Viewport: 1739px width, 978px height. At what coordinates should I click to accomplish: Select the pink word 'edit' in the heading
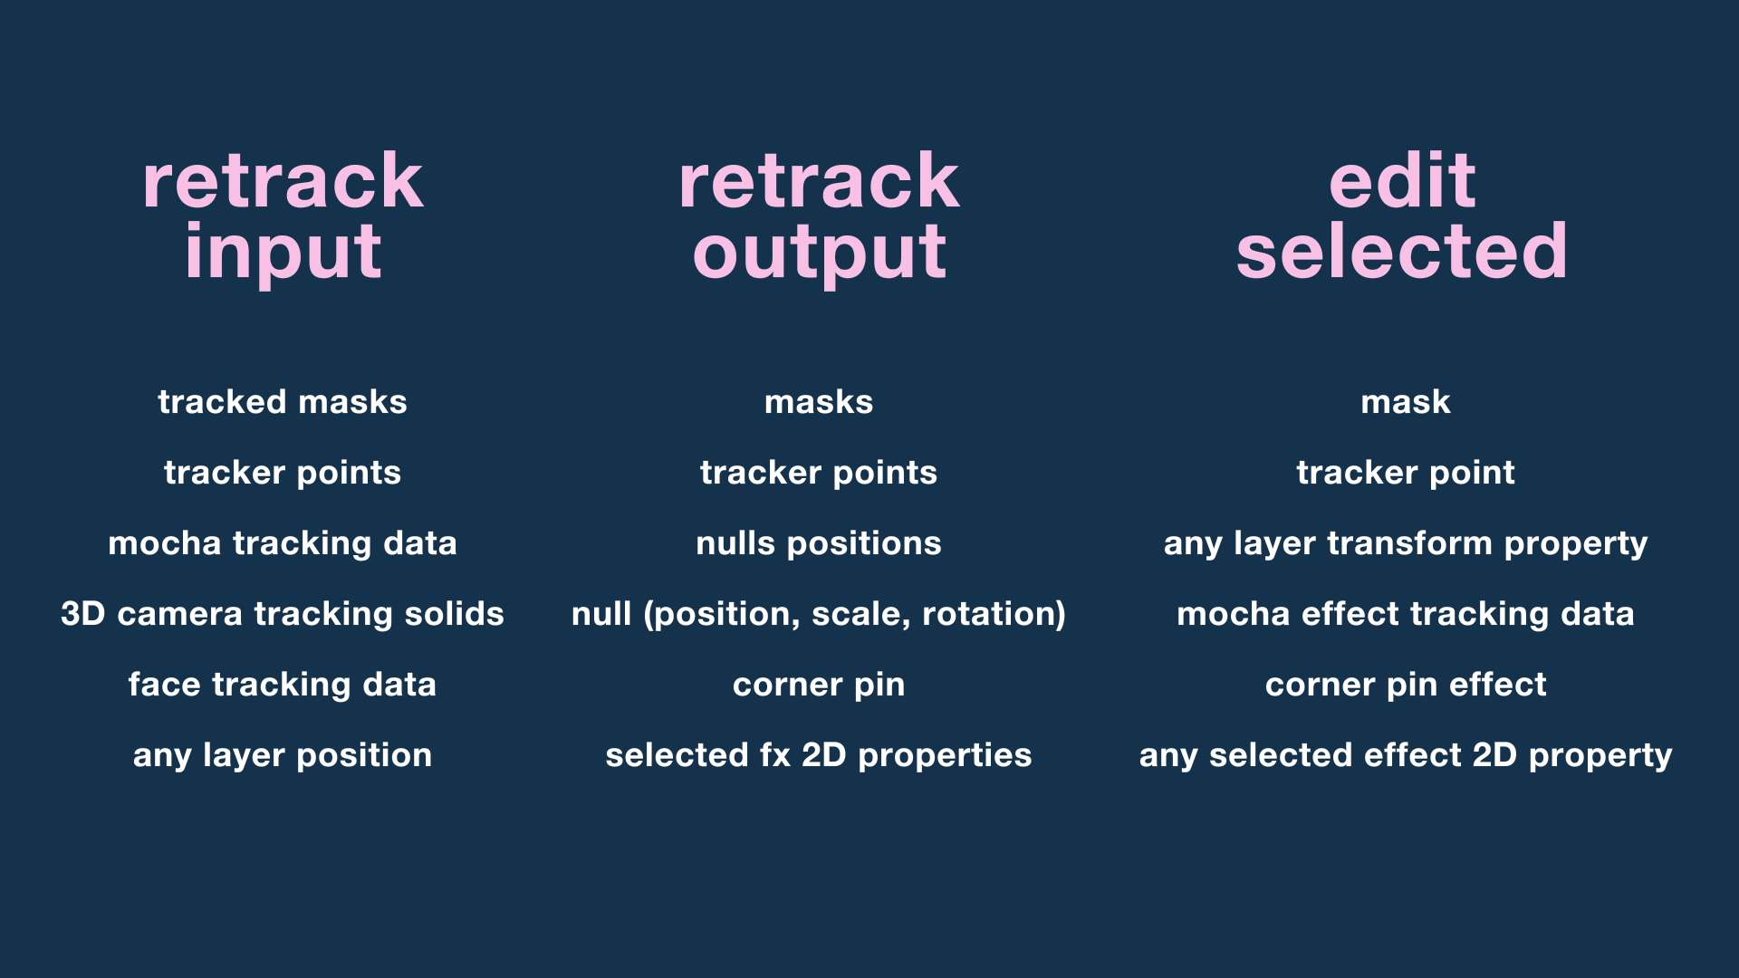1402,181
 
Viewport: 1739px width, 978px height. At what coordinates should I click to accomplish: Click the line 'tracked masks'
283,402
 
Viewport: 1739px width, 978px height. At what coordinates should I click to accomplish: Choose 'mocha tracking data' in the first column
283,543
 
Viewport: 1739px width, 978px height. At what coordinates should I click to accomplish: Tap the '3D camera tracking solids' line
283,614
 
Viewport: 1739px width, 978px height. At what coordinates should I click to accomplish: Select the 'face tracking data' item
283,685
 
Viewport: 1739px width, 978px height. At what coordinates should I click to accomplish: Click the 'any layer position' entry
283,755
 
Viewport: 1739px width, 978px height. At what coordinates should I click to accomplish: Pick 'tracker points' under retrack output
819,473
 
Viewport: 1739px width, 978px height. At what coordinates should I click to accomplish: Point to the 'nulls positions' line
819,543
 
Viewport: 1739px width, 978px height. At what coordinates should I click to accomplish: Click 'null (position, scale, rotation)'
819,614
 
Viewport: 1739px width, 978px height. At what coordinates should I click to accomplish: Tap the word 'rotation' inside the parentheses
987,614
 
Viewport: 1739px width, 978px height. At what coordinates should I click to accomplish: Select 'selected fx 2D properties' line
819,755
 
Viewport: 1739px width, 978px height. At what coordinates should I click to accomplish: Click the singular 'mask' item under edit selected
1406,402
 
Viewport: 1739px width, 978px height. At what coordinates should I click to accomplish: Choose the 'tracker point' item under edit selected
1406,473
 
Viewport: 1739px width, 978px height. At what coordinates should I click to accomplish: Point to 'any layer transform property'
1406,543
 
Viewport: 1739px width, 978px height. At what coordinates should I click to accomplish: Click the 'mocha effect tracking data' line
1406,614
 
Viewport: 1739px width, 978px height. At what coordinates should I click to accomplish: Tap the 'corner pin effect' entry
1406,685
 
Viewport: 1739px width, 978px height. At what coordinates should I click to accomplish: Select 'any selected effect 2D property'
1406,755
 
